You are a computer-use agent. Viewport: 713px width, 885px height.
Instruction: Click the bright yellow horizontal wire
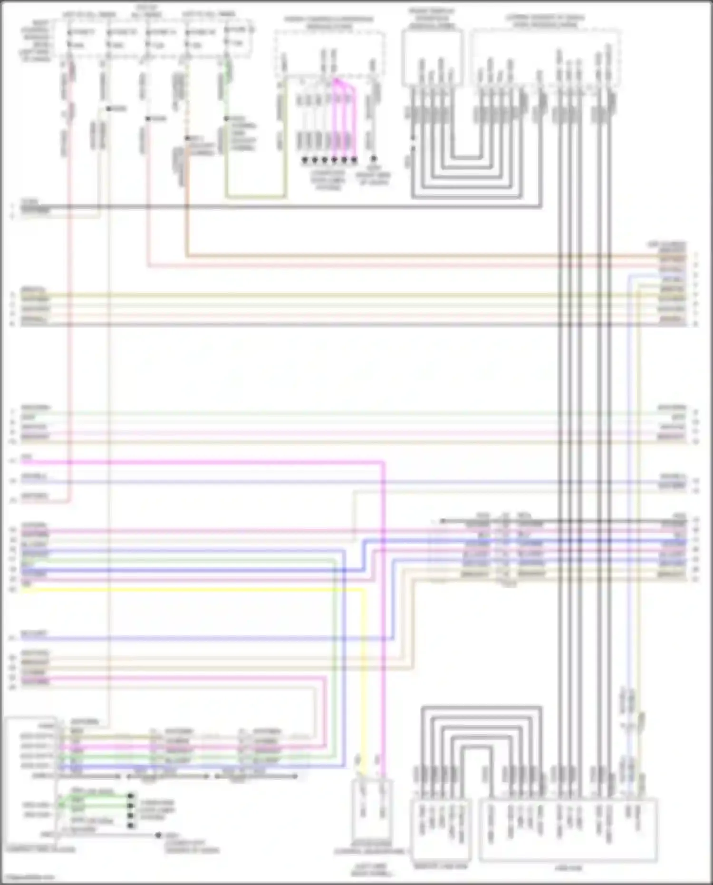[190, 590]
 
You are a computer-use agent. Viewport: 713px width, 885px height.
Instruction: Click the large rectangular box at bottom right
[568, 830]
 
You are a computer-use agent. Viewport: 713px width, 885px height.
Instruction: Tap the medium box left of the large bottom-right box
[441, 830]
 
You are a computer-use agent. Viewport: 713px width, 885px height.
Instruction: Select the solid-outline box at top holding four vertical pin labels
[432, 57]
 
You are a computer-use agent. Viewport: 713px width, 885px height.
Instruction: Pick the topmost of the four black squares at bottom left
[131, 795]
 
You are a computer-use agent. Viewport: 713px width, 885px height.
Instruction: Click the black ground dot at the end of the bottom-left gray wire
[159, 835]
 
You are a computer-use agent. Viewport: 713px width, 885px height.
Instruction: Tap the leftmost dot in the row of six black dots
[305, 161]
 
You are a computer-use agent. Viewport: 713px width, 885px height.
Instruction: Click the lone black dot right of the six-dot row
[374, 159]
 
